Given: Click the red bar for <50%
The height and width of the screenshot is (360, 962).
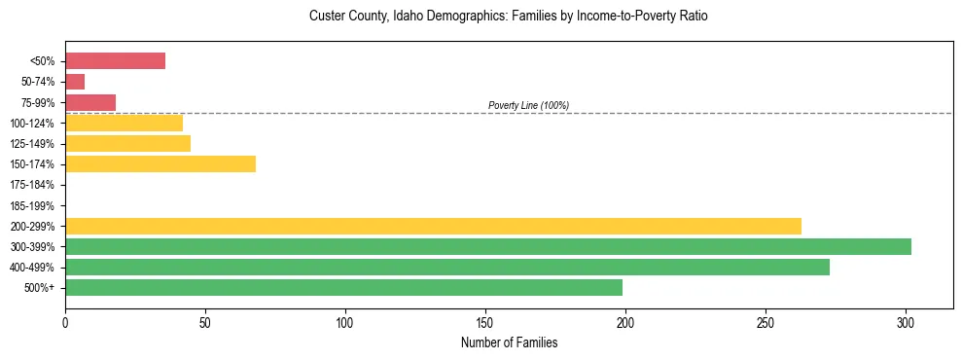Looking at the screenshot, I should (115, 61).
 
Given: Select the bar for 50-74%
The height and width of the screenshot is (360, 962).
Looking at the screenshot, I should (75, 82).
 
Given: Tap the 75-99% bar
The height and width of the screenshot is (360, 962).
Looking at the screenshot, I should (90, 102).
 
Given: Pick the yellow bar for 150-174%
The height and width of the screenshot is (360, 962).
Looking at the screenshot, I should (160, 163).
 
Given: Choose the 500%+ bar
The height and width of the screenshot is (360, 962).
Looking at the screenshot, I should (343, 287).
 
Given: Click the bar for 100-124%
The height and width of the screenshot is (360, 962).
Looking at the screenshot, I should (124, 123).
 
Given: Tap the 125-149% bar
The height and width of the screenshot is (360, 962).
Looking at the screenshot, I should (127, 143).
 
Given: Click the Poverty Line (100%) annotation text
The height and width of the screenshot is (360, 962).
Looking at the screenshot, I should (528, 105).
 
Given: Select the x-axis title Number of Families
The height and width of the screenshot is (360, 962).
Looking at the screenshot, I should (509, 343).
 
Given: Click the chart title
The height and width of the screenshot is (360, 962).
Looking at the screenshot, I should (509, 17).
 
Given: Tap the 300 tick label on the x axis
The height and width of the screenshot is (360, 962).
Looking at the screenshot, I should (906, 321).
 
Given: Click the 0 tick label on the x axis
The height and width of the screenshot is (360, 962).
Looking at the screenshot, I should (65, 321).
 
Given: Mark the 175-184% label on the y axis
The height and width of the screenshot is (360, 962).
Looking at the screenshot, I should (33, 185).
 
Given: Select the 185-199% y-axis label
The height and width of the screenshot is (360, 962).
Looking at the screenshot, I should (33, 205).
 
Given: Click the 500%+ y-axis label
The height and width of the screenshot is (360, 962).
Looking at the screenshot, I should (40, 288).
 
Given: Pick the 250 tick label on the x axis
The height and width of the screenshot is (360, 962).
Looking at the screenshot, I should (766, 321).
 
